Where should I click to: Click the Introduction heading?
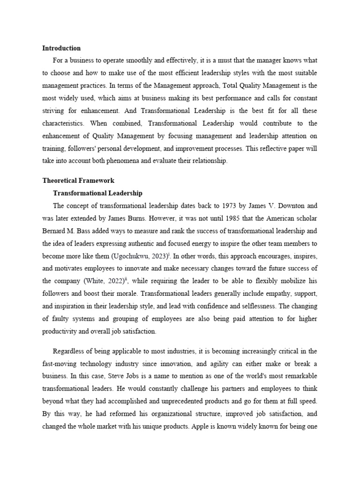pos(61,48)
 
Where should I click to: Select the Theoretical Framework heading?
pos(78,180)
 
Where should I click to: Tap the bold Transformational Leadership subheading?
pos(98,193)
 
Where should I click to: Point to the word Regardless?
pos(71,351)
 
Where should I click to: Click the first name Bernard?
pos(55,231)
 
